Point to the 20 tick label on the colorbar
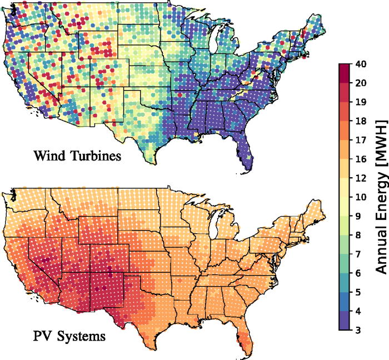360,82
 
